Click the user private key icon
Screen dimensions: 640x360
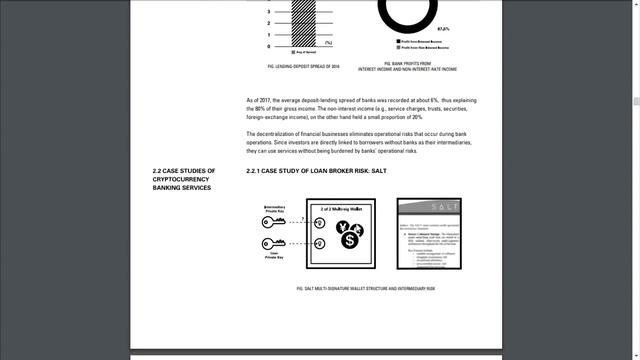pos(271,243)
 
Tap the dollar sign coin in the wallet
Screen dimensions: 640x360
pos(350,239)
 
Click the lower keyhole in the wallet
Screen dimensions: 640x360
pos(319,243)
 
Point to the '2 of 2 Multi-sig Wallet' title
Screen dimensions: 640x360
pos(342,208)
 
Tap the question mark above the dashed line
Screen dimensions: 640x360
pos(301,218)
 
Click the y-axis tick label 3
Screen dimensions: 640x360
pos(268,11)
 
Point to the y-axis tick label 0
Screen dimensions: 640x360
pos(268,46)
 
